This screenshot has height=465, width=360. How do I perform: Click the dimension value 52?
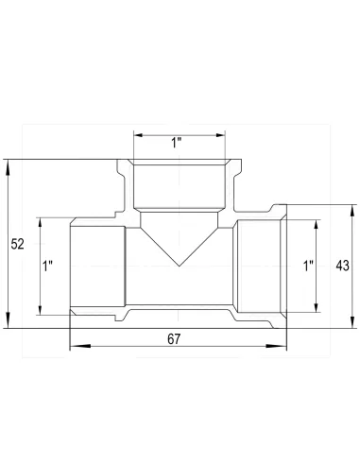coord(17,244)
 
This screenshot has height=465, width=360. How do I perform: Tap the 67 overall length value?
coord(173,338)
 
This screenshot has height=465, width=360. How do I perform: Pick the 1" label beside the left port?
coord(48,267)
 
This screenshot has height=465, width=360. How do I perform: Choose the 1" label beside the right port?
coord(308,267)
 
